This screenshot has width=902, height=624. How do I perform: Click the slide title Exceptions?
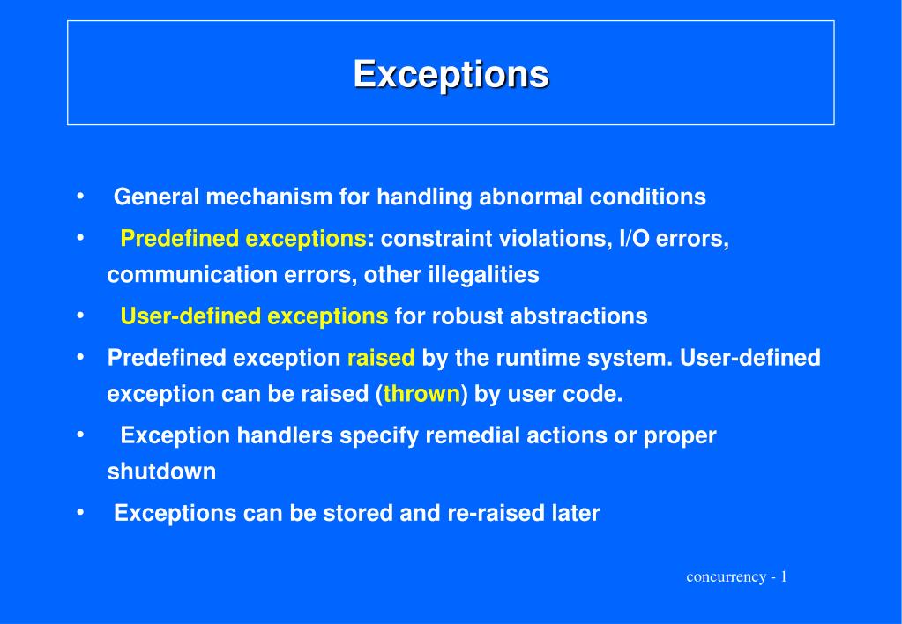tap(451, 73)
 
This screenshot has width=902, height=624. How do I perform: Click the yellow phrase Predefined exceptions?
tap(243, 239)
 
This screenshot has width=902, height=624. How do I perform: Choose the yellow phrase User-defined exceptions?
tap(254, 316)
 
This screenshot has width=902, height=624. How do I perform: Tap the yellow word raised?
tap(381, 358)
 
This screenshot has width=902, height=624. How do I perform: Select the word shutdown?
tap(161, 472)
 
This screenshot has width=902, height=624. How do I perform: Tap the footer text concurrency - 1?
tap(736, 577)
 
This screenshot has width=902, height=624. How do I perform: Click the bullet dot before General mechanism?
tap(81, 196)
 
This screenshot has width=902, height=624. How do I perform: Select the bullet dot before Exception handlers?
tap(81, 435)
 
